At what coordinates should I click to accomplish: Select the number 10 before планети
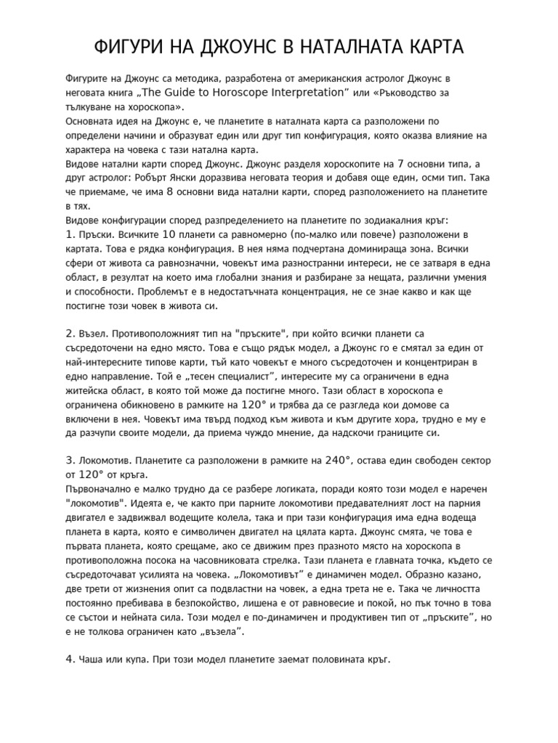coord(169,234)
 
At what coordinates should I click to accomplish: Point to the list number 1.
coord(70,234)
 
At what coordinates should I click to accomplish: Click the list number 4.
coord(70,660)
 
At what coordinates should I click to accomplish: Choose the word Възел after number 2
coord(94,333)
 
